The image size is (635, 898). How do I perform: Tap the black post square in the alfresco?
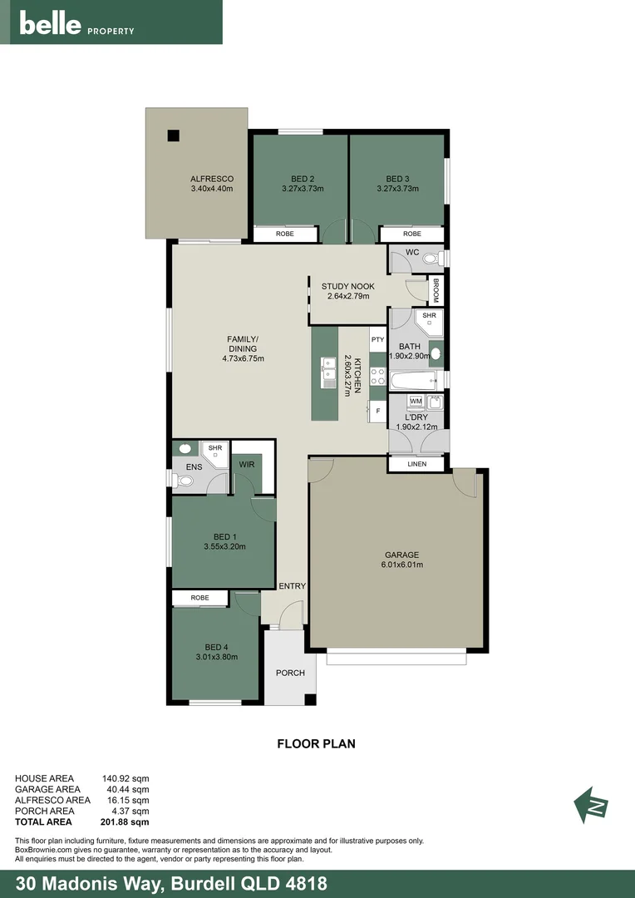[x=172, y=136]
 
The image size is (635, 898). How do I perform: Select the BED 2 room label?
[x=303, y=179]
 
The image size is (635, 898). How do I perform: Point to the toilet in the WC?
[x=431, y=259]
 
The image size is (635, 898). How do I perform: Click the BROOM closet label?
[x=436, y=290]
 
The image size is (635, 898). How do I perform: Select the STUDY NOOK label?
[x=347, y=286]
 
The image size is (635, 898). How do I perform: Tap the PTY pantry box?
[x=377, y=339]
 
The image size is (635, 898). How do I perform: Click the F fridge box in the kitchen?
[x=377, y=411]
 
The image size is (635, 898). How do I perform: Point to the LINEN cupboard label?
[x=416, y=464]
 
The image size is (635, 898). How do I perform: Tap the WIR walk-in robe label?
[x=246, y=465]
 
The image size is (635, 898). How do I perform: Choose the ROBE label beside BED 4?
[x=199, y=598]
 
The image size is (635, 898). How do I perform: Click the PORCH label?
[x=290, y=673]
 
